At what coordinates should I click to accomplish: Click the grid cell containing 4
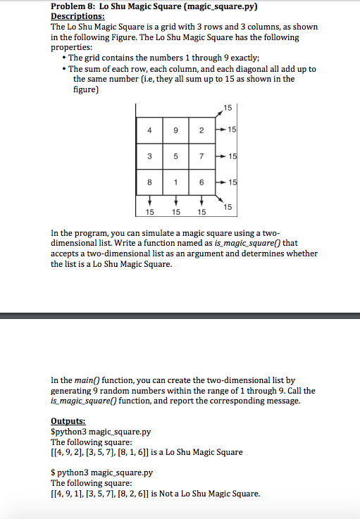point(149,130)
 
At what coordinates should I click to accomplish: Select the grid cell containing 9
point(175,130)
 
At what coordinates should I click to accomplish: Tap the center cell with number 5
point(175,155)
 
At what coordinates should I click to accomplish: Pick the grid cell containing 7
point(201,155)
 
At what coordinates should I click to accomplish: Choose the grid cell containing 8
point(149,181)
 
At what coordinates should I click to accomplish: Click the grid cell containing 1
point(175,181)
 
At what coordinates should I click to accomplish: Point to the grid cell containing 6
point(201,181)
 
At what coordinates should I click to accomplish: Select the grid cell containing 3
point(149,155)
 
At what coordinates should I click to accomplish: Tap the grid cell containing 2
point(201,130)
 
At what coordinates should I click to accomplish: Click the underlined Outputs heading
point(70,421)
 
